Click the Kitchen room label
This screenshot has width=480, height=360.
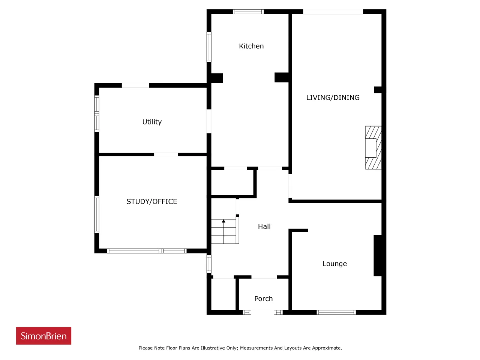pyautogui.click(x=251, y=46)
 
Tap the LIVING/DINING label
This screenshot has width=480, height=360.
pyautogui.click(x=333, y=97)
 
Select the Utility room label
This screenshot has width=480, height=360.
pyautogui.click(x=152, y=122)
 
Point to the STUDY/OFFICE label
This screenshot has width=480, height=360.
pyautogui.click(x=151, y=201)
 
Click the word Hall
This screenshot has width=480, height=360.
pyautogui.click(x=264, y=226)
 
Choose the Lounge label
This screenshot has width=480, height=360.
pyautogui.click(x=334, y=264)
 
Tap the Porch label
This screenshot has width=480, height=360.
pyautogui.click(x=263, y=298)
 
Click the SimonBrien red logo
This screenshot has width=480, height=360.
pyautogui.click(x=43, y=336)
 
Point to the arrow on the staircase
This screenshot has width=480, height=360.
pyautogui.click(x=223, y=231)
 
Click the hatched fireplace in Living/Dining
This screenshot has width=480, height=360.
pyautogui.click(x=373, y=147)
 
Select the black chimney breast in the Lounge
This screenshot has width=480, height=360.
pyautogui.click(x=378, y=255)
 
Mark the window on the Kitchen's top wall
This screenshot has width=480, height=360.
pyautogui.click(x=248, y=12)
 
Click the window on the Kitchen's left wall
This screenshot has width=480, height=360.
pyautogui.click(x=209, y=47)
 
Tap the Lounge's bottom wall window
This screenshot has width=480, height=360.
pyautogui.click(x=336, y=312)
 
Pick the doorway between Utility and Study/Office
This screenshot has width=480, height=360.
pyautogui.click(x=166, y=154)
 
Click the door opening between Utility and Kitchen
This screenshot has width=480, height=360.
pyautogui.click(x=209, y=121)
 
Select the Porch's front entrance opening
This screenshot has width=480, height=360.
pyautogui.click(x=262, y=312)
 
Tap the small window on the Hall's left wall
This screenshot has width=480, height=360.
pyautogui.click(x=209, y=264)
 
